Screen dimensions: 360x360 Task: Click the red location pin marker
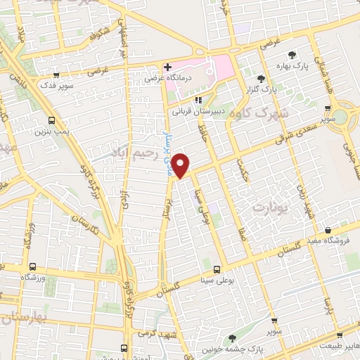[181, 165]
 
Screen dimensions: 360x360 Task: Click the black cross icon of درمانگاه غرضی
[168, 67]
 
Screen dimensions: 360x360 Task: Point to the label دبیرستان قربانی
[197, 110]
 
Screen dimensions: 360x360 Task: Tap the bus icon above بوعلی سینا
[217, 269]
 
